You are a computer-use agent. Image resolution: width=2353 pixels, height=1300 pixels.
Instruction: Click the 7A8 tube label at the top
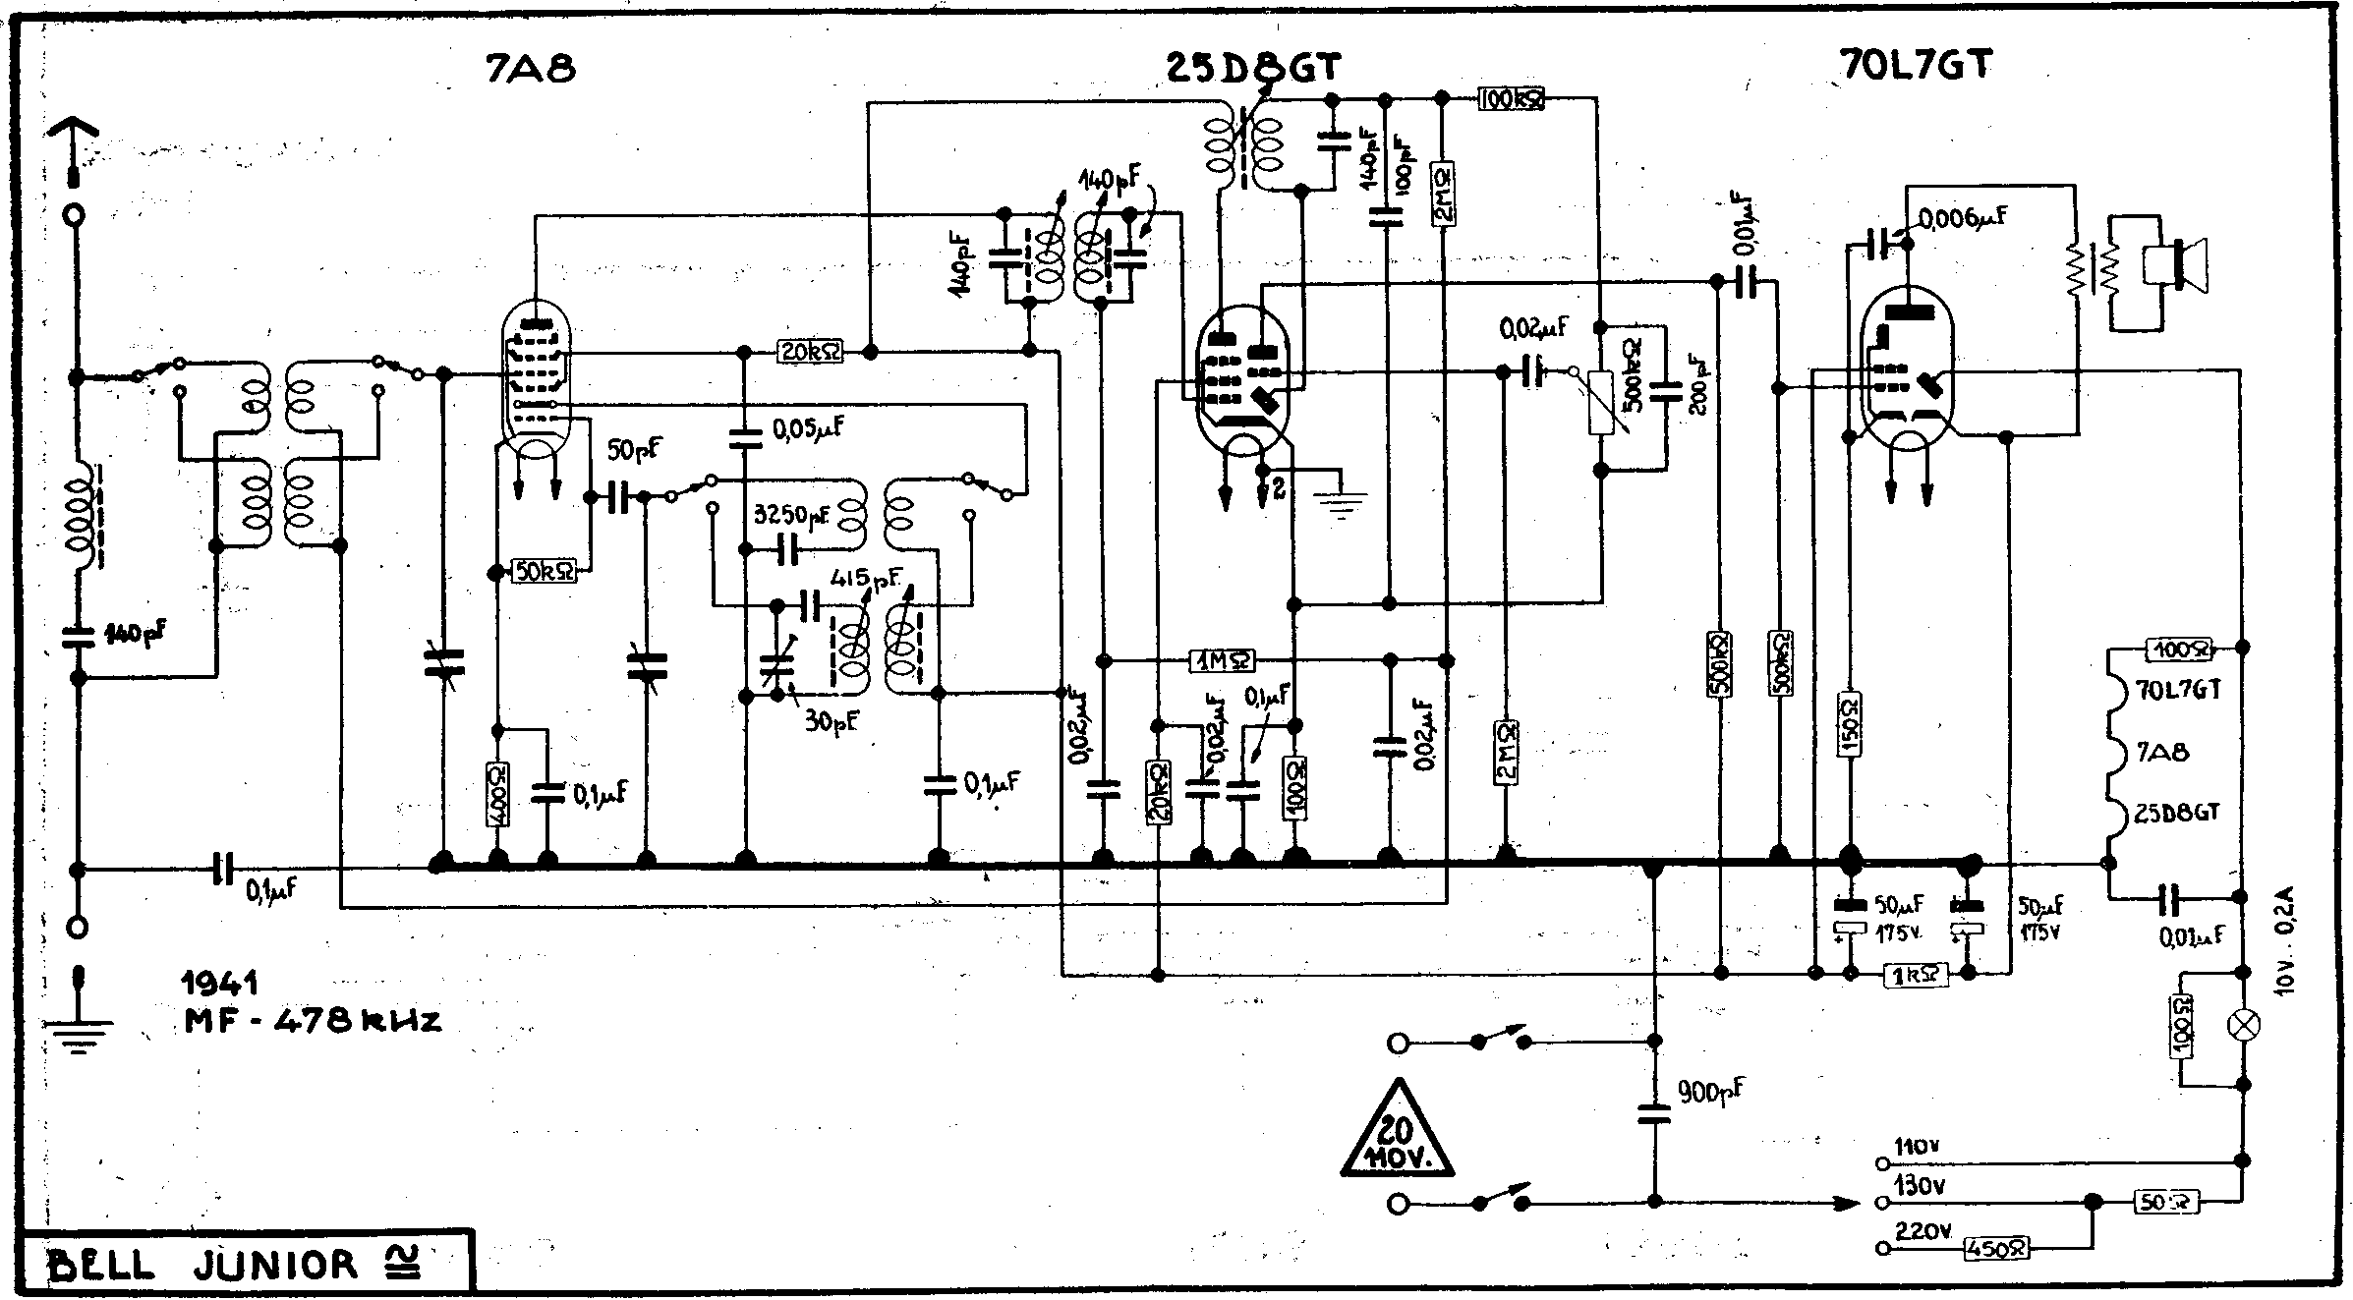[x=531, y=68]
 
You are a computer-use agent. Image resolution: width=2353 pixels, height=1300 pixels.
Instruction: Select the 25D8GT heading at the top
[x=1252, y=68]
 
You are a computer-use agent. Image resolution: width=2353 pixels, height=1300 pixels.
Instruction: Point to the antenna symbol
[x=74, y=147]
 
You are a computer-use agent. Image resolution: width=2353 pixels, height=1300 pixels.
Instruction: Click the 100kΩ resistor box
[x=1511, y=98]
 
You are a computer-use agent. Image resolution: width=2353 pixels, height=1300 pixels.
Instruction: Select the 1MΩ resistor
[x=1222, y=661]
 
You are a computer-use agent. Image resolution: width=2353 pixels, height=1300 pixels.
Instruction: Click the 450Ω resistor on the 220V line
[x=1996, y=1249]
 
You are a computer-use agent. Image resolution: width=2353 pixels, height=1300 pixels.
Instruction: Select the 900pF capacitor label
[x=1711, y=1091]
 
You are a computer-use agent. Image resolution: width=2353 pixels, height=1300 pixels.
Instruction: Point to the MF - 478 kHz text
[x=313, y=1022]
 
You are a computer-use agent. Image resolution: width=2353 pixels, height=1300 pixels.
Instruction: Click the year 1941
[x=221, y=983]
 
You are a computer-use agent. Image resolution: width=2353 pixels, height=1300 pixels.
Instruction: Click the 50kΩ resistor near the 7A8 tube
[x=545, y=571]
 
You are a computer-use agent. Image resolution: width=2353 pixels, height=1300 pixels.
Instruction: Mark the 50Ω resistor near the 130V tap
[x=2165, y=1201]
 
